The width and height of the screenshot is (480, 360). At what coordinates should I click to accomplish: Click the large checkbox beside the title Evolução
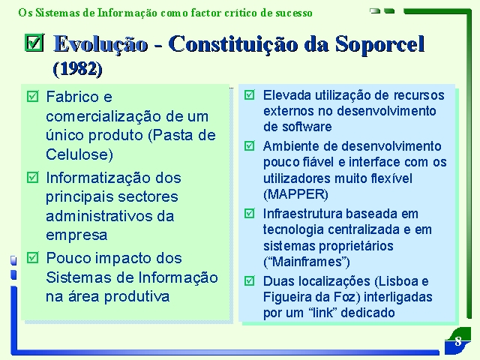click(x=34, y=42)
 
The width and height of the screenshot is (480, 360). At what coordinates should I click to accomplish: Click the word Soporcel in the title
click(x=379, y=43)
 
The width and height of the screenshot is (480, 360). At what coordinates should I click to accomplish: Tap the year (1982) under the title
click(x=77, y=69)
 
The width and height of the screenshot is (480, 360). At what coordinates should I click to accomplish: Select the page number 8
click(x=458, y=341)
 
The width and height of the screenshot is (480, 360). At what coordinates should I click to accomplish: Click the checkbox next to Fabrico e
click(x=33, y=97)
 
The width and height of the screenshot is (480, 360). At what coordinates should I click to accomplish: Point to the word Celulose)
click(x=79, y=154)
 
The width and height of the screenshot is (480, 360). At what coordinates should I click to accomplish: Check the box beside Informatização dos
click(x=33, y=178)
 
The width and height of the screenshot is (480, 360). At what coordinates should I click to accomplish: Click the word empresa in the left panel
click(x=76, y=235)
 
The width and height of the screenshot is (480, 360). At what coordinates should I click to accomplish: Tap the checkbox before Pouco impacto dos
click(x=33, y=258)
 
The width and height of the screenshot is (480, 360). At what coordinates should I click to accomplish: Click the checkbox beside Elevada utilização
click(x=250, y=95)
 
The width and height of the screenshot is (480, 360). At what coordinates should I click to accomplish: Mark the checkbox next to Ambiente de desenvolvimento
click(x=250, y=145)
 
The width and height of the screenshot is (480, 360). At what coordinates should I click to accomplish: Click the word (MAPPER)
click(x=295, y=194)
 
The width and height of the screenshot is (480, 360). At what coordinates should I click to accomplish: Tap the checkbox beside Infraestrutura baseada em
click(x=250, y=213)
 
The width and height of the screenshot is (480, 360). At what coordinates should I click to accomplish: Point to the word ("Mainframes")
click(x=307, y=262)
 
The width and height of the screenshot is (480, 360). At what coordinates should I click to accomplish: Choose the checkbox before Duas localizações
click(x=250, y=280)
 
